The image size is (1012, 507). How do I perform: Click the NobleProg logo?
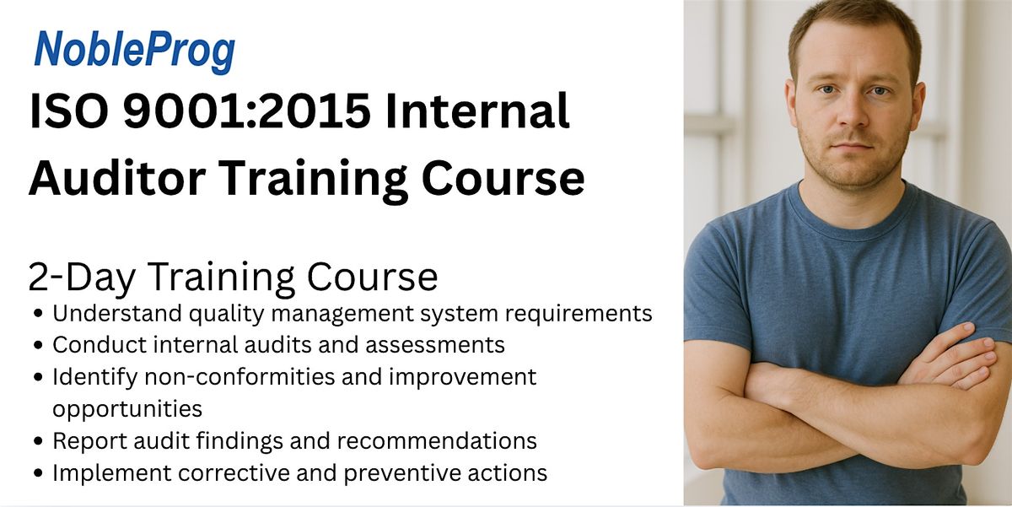(134, 52)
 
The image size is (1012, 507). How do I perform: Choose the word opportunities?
(127, 409)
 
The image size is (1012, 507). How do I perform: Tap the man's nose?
(853, 115)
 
